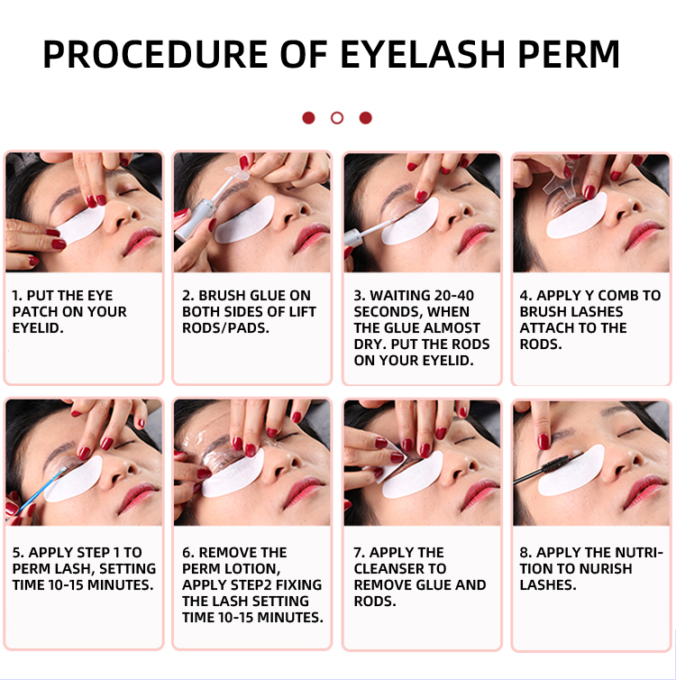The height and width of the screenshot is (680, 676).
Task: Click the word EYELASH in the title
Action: tap(423, 54)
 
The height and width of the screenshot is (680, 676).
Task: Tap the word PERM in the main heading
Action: tap(569, 54)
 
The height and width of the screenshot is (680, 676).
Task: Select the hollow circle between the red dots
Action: tap(337, 118)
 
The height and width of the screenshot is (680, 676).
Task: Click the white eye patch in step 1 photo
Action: tap(80, 225)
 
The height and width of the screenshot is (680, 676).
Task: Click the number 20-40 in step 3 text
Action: tap(453, 295)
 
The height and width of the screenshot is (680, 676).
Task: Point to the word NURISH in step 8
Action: tap(601, 568)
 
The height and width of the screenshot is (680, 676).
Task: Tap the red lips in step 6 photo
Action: tap(304, 493)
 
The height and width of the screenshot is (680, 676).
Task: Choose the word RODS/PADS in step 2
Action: tap(225, 328)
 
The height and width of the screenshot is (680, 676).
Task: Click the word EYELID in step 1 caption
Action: tap(37, 328)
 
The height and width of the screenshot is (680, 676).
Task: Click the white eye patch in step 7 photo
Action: tap(413, 476)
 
